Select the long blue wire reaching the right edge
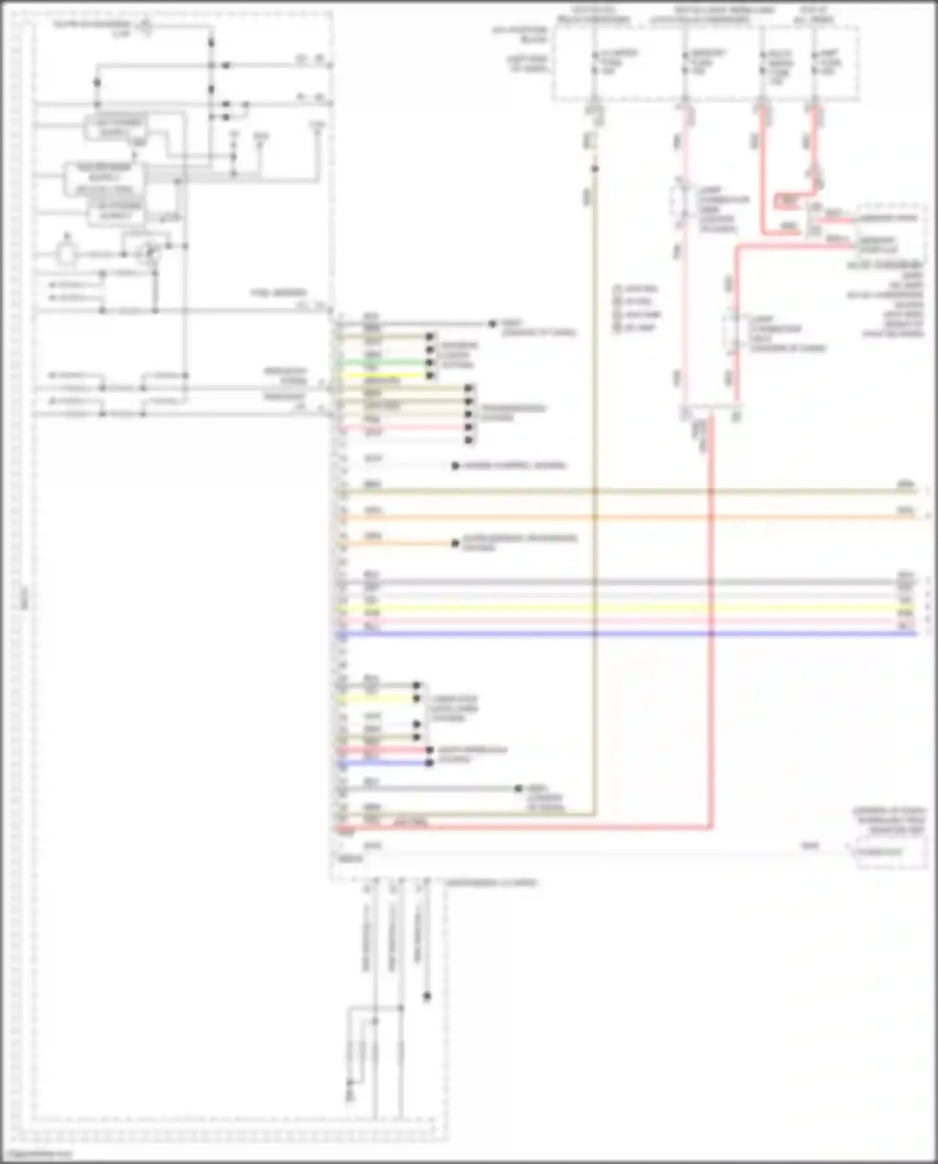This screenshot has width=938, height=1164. [x=625, y=634]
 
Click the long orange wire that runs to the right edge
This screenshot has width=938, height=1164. [x=625, y=518]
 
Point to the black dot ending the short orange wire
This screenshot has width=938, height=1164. [x=455, y=544]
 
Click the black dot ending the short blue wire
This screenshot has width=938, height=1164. [x=430, y=762]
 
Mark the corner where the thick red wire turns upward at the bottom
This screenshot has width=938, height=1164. [x=710, y=827]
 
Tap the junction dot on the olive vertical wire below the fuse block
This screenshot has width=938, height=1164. [x=595, y=169]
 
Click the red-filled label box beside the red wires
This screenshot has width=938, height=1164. [x=787, y=201]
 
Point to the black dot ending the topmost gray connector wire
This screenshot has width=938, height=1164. [x=492, y=324]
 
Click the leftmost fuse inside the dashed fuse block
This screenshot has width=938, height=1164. [x=595, y=63]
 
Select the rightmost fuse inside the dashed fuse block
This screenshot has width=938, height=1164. [x=814, y=63]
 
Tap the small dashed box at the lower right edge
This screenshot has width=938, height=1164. [x=890, y=853]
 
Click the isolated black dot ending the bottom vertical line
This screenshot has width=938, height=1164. [x=427, y=996]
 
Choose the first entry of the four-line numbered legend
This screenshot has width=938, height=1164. [x=635, y=289]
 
